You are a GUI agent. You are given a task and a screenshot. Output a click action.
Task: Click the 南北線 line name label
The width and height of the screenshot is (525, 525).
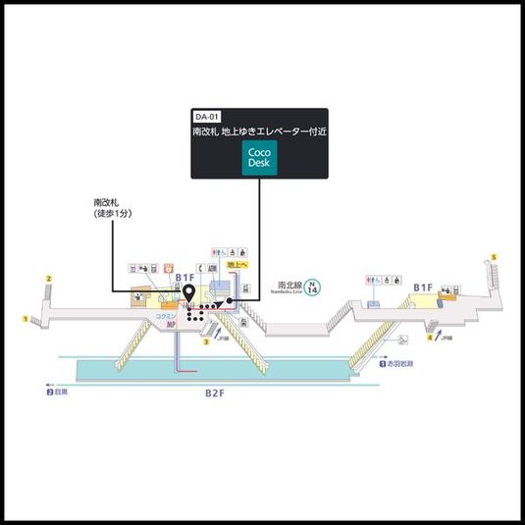pyautogui.click(x=286, y=286)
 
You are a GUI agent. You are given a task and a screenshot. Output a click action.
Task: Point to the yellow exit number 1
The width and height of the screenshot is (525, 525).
pyautogui.click(x=26, y=318)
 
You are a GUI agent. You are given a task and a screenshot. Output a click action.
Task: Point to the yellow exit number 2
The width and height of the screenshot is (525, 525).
pyautogui.click(x=47, y=280)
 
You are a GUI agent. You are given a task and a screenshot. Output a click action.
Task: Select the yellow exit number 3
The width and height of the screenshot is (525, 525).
pyautogui.click(x=206, y=342)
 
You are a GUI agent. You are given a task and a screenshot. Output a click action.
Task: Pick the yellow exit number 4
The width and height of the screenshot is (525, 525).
pyautogui.click(x=429, y=338)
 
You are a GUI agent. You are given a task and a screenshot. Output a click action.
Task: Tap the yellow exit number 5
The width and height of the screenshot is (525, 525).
pyautogui.click(x=495, y=257)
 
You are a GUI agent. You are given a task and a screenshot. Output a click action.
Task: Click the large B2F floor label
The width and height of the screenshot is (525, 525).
pyautogui.click(x=215, y=393)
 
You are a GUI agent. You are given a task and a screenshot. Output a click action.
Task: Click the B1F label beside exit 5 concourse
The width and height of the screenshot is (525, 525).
pyautogui.click(x=423, y=288)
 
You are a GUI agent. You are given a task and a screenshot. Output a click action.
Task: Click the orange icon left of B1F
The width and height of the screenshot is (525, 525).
pyautogui.click(x=168, y=266)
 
